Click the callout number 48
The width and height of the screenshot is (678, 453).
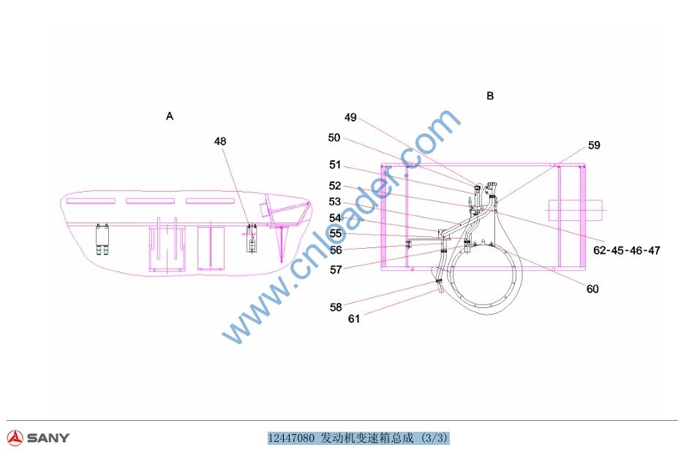click(220, 141)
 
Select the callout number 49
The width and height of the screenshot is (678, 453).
click(350, 117)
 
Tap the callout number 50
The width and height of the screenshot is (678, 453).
click(334, 138)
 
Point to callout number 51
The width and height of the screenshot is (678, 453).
click(335, 165)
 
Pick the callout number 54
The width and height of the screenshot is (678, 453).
click(335, 218)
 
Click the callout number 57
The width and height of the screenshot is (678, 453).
click(336, 269)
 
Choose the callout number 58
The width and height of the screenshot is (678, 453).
click(336, 307)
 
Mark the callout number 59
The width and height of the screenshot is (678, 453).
click(594, 146)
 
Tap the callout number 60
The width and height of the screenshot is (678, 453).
click(592, 289)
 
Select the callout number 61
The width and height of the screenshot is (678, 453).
click(354, 319)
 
